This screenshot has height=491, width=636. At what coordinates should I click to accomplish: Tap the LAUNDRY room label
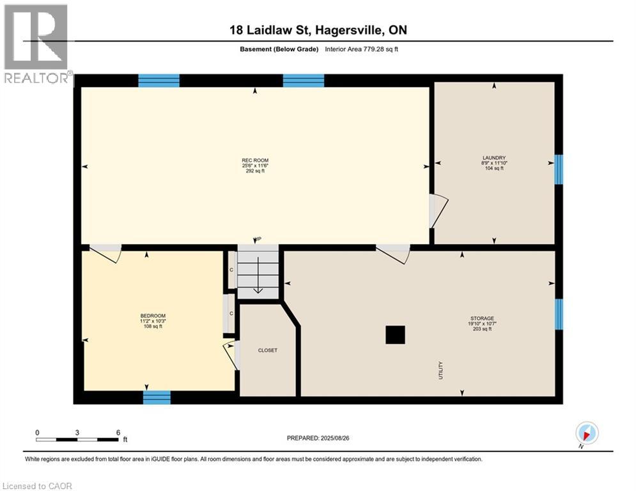click(x=494, y=158)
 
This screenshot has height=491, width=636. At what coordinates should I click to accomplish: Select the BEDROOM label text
click(x=153, y=316)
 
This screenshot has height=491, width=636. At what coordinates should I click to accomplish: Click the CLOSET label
click(x=267, y=350)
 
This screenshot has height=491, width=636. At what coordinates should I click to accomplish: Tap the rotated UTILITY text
click(x=441, y=371)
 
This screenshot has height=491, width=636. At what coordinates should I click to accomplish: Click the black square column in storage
click(x=395, y=335)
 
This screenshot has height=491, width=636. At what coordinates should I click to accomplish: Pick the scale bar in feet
click(x=77, y=439)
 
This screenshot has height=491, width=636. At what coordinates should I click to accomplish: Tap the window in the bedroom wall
click(x=157, y=398)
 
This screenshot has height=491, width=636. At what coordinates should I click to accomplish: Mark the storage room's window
click(x=558, y=314)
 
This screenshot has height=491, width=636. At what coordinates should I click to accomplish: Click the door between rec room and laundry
click(x=438, y=211)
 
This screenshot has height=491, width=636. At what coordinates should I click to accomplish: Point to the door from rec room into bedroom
click(x=105, y=253)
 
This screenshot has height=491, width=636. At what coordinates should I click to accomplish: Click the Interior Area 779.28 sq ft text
click(x=364, y=49)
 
